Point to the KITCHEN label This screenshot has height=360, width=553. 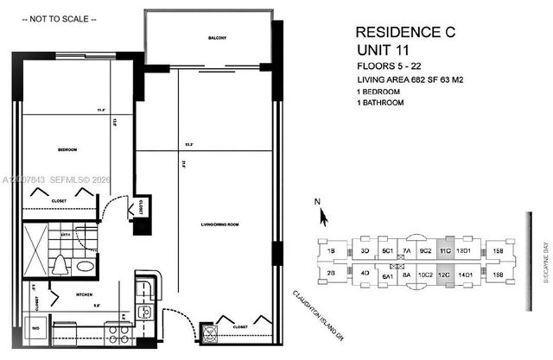[x=86, y=294]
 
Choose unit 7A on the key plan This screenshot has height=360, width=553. [x=405, y=251]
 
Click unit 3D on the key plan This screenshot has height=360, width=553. [x=365, y=251]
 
